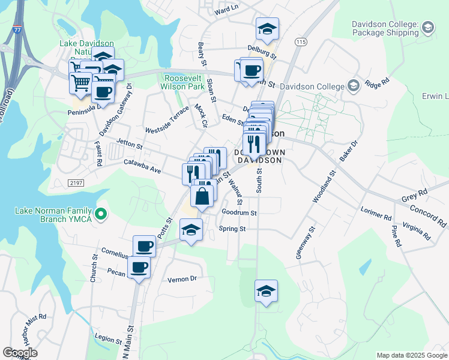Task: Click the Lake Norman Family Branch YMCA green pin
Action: (x=101, y=212)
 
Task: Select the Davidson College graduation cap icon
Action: (x=352, y=86)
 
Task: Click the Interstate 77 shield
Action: (x=15, y=28)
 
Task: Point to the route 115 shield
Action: (x=301, y=41)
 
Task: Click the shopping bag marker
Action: (x=203, y=196)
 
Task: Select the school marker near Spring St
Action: (x=191, y=230)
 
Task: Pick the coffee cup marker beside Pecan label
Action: (x=139, y=268)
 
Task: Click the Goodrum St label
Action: (x=239, y=212)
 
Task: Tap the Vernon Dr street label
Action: (x=182, y=279)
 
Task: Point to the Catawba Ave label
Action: (x=142, y=166)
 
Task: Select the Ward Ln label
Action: (x=226, y=10)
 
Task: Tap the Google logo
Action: (x=20, y=353)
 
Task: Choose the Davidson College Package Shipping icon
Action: (x=427, y=27)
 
